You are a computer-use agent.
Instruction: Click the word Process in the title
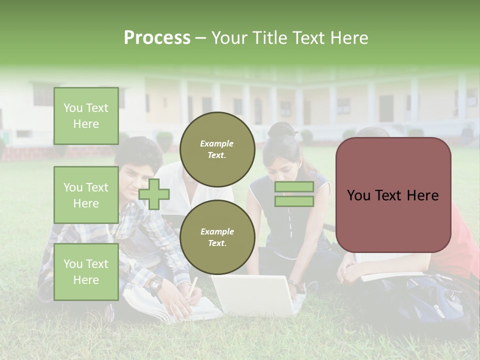[157, 38]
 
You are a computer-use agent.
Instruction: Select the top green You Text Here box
[86, 116]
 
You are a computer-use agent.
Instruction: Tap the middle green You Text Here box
[86, 195]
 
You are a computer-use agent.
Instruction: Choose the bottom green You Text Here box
[86, 271]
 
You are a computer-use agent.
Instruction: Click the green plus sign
[154, 194]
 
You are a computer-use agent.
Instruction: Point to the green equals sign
[294, 194]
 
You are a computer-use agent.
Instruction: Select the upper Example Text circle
[217, 149]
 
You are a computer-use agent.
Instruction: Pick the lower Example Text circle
[217, 237]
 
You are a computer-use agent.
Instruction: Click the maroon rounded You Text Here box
[393, 195]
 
